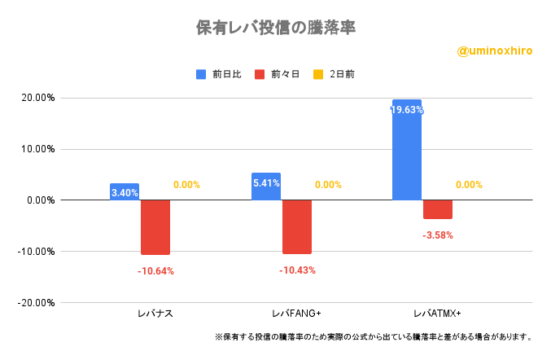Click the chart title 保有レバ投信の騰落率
click(x=276, y=27)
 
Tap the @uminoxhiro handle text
click(x=495, y=50)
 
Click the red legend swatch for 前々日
click(x=260, y=74)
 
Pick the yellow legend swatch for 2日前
click(x=318, y=74)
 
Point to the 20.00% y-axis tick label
click(x=37, y=98)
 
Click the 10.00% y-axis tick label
click(x=37, y=149)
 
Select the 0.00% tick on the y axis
click(x=40, y=200)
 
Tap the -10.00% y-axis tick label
click(x=36, y=252)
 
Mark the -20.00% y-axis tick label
click(x=36, y=303)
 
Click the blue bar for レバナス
click(x=125, y=192)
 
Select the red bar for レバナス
click(x=155, y=227)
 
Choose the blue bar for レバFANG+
click(x=266, y=187)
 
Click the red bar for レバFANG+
click(x=297, y=226)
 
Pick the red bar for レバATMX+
click(x=438, y=209)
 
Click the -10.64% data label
click(x=155, y=270)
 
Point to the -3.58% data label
click(x=438, y=235)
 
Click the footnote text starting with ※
click(x=374, y=336)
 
